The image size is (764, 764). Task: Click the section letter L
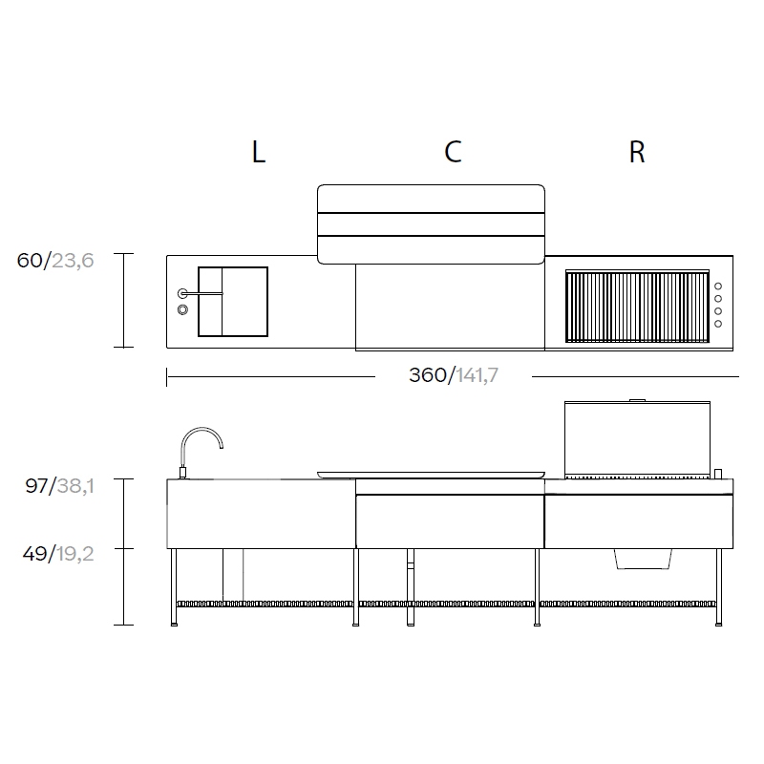259,152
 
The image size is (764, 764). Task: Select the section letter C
453,152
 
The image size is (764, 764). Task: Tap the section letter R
637,152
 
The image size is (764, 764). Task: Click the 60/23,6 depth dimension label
55,261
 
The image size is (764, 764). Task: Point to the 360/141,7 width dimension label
454,375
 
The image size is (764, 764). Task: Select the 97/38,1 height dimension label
59,486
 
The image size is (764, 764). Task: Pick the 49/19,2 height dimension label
58,554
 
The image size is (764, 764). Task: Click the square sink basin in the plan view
233,302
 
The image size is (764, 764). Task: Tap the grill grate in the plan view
637,306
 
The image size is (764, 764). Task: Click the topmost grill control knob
718,286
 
